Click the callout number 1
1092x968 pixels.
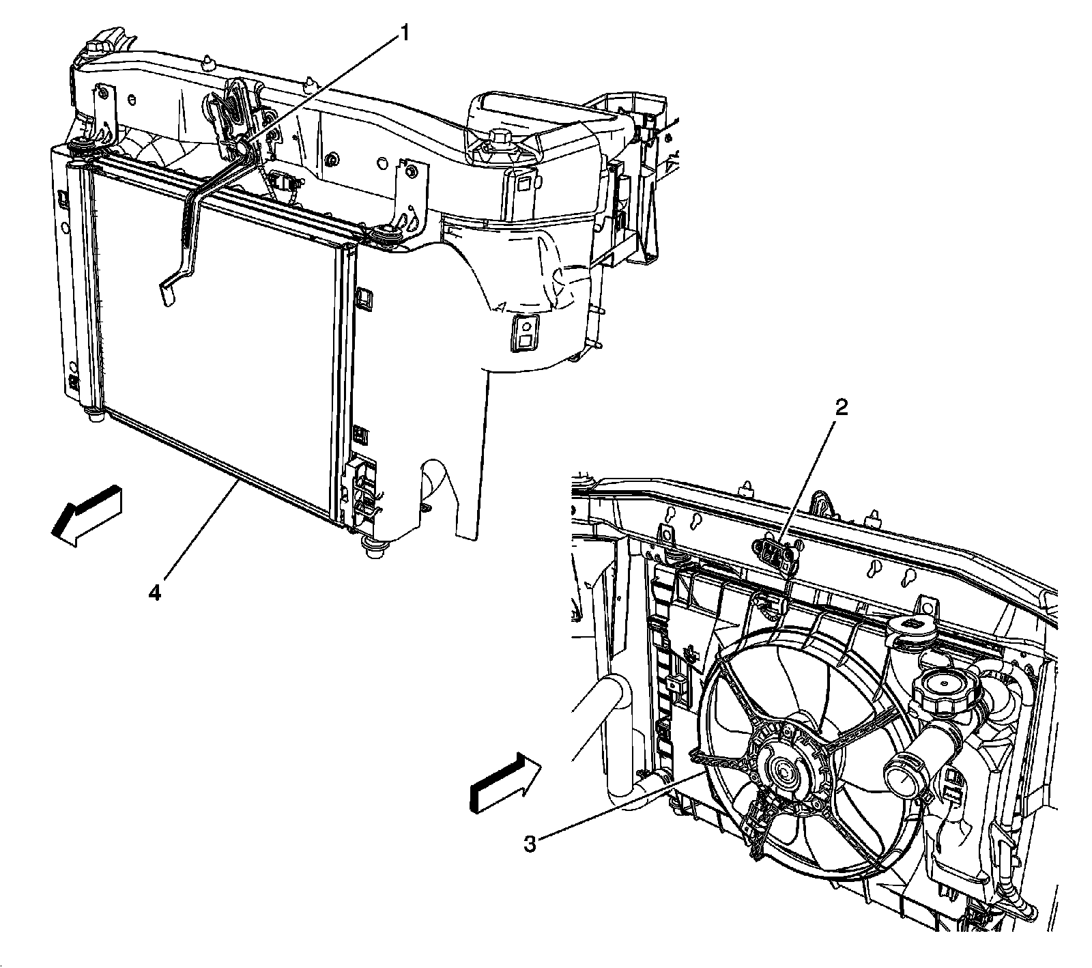tap(405, 33)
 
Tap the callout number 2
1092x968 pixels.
tap(842, 408)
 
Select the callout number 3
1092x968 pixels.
tap(530, 844)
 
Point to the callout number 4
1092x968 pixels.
tap(156, 594)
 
